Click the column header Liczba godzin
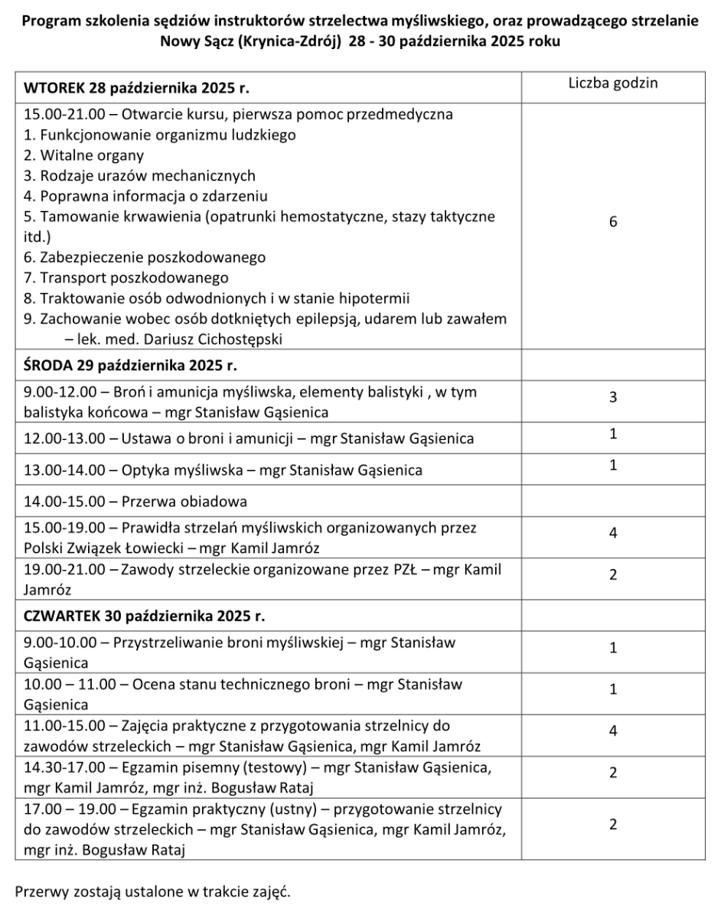612,83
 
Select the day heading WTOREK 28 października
138,87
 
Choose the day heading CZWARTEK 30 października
145,616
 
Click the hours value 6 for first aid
613,222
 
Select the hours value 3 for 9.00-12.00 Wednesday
613,397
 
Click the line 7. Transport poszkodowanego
126,278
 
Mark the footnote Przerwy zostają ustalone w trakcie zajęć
153,892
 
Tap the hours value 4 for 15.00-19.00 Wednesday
613,533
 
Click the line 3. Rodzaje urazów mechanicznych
140,176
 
